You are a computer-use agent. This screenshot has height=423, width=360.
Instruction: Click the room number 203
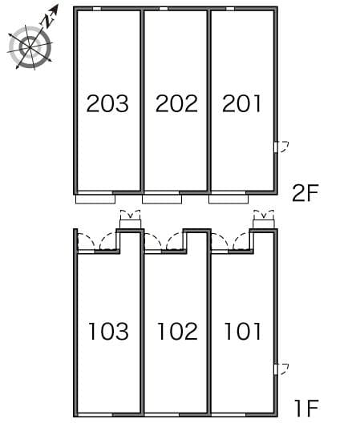pyautogui.click(x=107, y=103)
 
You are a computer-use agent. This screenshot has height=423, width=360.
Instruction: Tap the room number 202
pyautogui.click(x=176, y=103)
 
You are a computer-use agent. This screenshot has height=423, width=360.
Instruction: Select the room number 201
pyautogui.click(x=241, y=103)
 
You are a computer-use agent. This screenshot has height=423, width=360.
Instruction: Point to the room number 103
pyautogui.click(x=108, y=331)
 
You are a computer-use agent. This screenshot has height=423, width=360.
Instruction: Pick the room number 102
pyautogui.click(x=177, y=331)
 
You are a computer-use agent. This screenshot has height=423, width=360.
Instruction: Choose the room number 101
pyautogui.click(x=242, y=331)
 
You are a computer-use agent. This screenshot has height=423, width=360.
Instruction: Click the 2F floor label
pyautogui.click(x=305, y=193)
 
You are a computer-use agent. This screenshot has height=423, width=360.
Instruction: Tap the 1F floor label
pyautogui.click(x=306, y=409)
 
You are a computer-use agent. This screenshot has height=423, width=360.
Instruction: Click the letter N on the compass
pyautogui.click(x=47, y=21)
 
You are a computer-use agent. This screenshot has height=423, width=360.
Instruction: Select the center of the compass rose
pyautogui.click(x=30, y=47)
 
